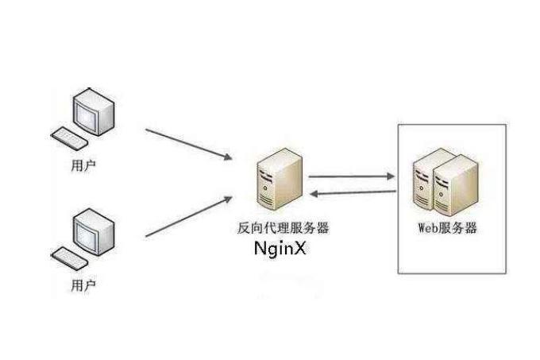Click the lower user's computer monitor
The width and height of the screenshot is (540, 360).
(x=89, y=231)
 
